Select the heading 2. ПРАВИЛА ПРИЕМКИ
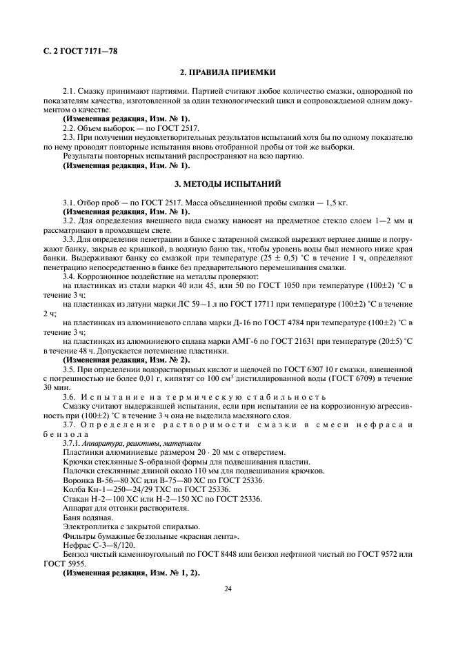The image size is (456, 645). pyautogui.click(x=228, y=72)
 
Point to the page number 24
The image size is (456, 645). pyautogui.click(x=228, y=588)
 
